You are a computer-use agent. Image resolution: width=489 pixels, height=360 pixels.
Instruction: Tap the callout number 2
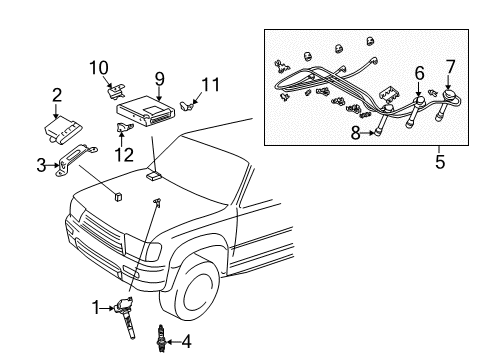pyautogui.click(x=57, y=96)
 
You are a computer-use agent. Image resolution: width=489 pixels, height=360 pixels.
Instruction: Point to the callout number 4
pyautogui.click(x=187, y=343)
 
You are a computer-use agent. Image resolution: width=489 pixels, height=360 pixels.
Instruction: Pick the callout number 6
pyautogui.click(x=419, y=72)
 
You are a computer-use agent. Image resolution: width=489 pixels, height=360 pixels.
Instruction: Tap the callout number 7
pyautogui.click(x=450, y=66)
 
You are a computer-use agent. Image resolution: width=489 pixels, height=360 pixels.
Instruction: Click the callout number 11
pyautogui.click(x=209, y=84)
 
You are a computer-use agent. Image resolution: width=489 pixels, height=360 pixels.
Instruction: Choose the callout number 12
pyautogui.click(x=123, y=153)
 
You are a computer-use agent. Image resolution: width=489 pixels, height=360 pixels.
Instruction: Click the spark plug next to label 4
pyautogui.click(x=158, y=342)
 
